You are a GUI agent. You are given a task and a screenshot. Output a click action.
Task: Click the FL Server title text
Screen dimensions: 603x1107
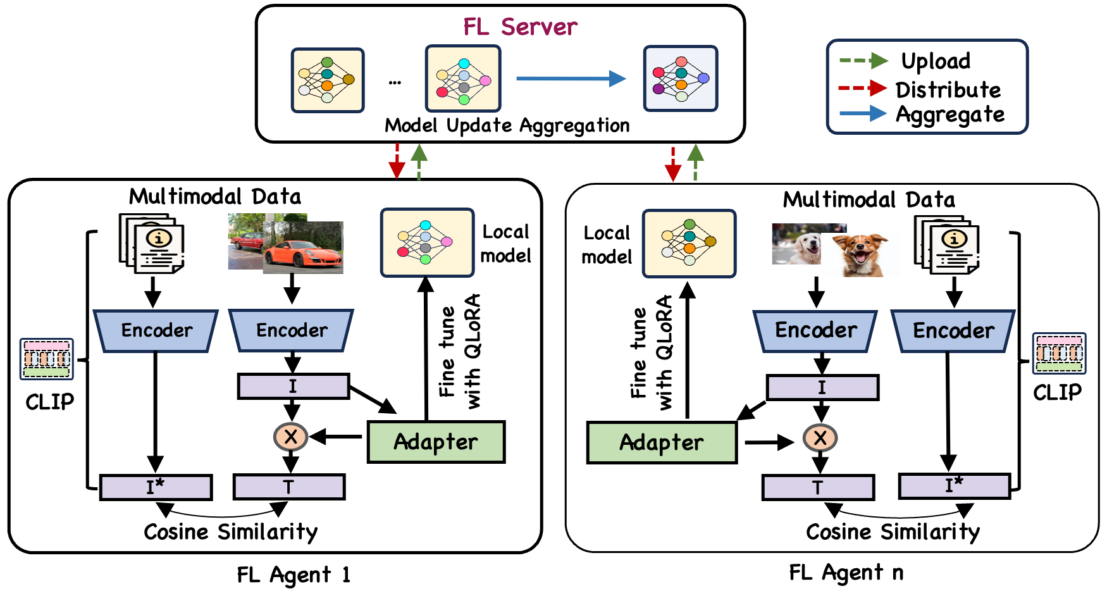click(x=520, y=27)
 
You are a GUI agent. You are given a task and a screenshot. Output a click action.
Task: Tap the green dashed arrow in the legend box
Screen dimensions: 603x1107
click(x=863, y=61)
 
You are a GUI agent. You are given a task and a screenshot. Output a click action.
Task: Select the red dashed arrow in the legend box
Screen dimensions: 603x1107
click(x=863, y=88)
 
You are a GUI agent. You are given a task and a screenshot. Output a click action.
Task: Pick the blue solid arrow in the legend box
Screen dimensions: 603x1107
click(x=863, y=113)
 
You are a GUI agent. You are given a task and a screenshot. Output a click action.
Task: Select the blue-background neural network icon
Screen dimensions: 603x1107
click(x=681, y=78)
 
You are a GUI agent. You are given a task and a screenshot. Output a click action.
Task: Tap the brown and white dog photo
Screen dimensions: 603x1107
click(x=860, y=254)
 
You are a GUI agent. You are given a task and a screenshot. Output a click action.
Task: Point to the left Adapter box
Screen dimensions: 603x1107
click(x=436, y=442)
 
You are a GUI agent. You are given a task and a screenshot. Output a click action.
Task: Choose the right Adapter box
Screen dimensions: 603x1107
click(x=662, y=442)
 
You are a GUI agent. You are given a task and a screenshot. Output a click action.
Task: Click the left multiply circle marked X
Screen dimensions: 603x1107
click(x=291, y=437)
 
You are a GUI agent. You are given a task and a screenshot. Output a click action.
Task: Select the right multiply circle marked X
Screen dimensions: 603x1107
click(x=820, y=438)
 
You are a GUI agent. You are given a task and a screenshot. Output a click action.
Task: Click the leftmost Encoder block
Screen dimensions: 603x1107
click(x=156, y=330)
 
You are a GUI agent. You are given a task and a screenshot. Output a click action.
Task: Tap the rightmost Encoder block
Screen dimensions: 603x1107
click(x=953, y=330)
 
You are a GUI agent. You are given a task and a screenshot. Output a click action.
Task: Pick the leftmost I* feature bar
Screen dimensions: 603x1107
click(x=156, y=487)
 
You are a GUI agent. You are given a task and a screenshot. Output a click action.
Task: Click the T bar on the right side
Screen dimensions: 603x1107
click(x=818, y=488)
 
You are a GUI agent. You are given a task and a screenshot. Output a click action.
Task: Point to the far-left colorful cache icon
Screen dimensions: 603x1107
click(x=46, y=359)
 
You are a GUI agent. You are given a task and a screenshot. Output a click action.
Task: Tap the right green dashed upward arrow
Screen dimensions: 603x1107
click(x=695, y=163)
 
